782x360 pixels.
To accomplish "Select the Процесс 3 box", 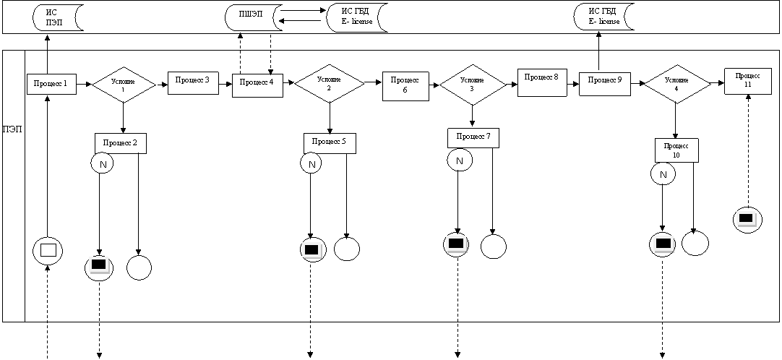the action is coord(194,82).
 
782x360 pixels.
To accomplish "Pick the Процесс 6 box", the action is coord(406,86).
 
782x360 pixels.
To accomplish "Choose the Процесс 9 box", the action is coord(604,83).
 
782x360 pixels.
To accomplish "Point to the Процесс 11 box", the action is coord(749,80).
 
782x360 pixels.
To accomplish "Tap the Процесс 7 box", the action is coord(473,137).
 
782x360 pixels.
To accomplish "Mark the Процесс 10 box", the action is coord(676,150).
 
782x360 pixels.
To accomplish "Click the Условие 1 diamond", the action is coord(124,85).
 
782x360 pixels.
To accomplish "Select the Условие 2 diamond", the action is coord(329,83).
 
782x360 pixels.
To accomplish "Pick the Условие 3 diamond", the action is coord(472,85).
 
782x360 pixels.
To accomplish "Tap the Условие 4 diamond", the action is coord(676,85).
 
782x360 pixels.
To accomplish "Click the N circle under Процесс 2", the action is coord(102,163).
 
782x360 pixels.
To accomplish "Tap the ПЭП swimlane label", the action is coord(14,129).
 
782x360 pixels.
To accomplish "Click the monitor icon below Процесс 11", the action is coord(747,219).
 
